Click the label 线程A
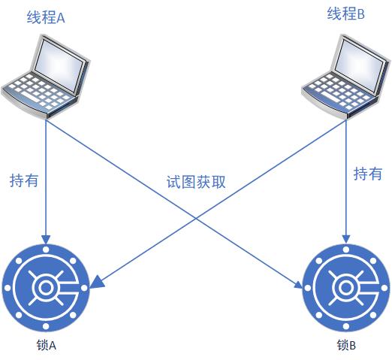click(x=46, y=17)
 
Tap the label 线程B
click(x=345, y=14)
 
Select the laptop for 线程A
click(x=46, y=76)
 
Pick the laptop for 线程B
click(x=345, y=77)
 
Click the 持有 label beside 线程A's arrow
click(x=24, y=180)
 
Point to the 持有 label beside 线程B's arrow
click(x=368, y=174)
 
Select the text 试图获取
click(x=196, y=182)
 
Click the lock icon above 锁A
click(x=46, y=288)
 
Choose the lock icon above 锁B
click(x=346, y=288)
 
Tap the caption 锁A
click(x=47, y=345)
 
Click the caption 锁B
click(x=346, y=345)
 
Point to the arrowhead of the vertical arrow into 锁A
click(x=46, y=240)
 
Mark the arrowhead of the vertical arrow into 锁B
click(x=346, y=240)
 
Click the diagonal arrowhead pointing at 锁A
click(x=98, y=282)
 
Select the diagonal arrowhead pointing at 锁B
click(x=298, y=285)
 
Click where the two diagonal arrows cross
click(x=196, y=217)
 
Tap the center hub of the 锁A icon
click(x=46, y=288)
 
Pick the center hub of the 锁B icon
click(x=346, y=288)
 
